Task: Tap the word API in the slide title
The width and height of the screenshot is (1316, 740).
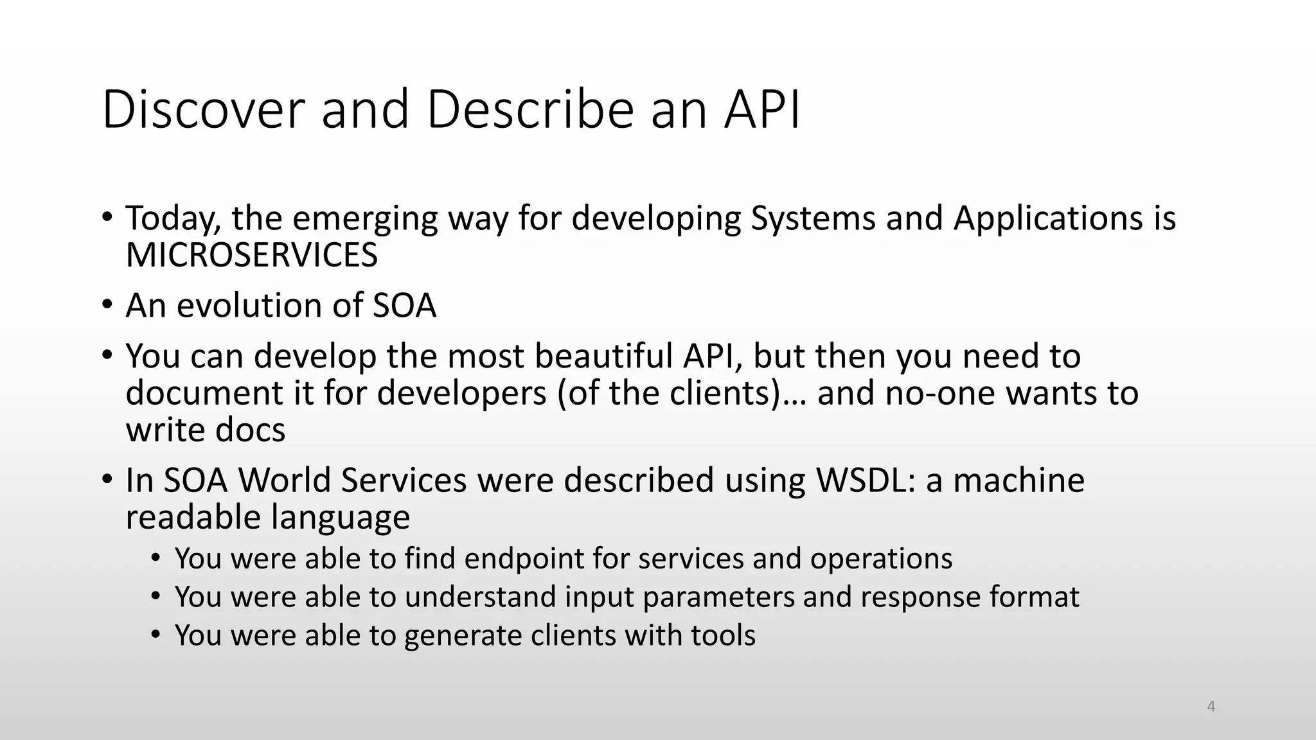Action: pos(763,109)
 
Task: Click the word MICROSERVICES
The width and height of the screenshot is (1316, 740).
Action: pos(252,255)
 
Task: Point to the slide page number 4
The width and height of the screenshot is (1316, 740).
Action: pos(1211,707)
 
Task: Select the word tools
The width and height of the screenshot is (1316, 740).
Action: pos(723,635)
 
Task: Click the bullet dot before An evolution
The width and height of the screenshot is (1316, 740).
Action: pos(107,304)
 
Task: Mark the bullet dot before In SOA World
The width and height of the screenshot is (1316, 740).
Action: pos(107,479)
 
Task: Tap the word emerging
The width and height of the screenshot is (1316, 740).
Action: pos(365,218)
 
